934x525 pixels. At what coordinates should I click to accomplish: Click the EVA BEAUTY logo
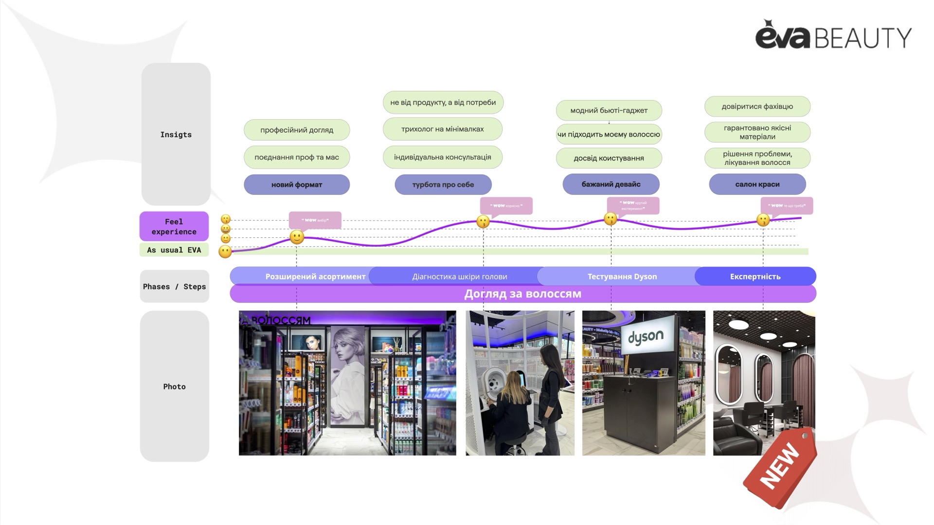[833, 35]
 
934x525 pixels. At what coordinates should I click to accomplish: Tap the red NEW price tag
[780, 467]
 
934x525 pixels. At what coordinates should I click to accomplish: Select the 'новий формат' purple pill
[297, 185]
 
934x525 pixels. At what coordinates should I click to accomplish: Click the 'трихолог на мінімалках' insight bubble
[442, 129]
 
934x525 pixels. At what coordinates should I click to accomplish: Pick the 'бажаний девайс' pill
[611, 184]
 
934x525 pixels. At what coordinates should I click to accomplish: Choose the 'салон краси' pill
[757, 184]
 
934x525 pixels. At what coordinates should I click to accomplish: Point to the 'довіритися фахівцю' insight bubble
[757, 106]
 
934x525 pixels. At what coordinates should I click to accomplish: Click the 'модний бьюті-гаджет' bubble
[609, 110]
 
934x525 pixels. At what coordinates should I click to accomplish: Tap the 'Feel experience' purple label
[174, 227]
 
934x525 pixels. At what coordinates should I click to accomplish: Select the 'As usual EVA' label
[174, 250]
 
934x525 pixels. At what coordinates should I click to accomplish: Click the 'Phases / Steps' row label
[174, 287]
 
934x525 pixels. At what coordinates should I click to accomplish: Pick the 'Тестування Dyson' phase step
[622, 277]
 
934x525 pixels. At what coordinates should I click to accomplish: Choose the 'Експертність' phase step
[755, 277]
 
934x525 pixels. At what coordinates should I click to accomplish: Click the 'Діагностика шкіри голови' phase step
[459, 277]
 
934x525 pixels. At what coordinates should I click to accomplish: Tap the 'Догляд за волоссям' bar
[522, 294]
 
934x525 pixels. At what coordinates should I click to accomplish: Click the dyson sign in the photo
[646, 336]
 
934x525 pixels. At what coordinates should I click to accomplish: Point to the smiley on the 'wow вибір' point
[297, 237]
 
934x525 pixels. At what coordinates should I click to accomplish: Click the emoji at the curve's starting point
[225, 251]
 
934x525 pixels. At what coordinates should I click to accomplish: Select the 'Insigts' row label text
[176, 135]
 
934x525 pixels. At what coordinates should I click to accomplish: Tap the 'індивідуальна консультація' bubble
[442, 157]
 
